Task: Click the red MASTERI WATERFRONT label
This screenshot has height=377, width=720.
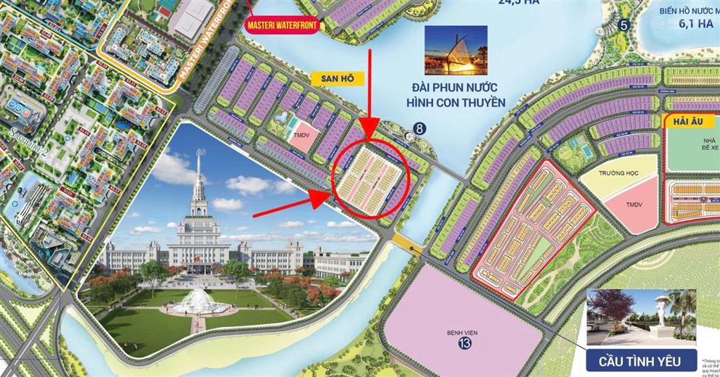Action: [282, 25]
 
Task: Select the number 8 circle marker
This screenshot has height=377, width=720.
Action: [419, 129]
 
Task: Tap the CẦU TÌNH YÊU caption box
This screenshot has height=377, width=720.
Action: [641, 362]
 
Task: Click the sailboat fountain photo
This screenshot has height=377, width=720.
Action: [455, 50]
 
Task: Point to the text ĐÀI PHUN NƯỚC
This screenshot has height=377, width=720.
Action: [459, 89]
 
